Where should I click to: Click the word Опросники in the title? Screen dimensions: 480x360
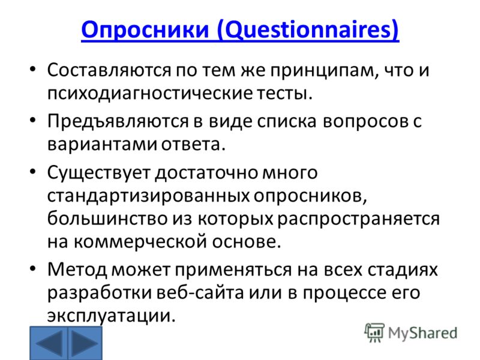tap(145, 29)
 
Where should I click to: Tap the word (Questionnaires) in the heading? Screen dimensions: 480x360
tap(308, 30)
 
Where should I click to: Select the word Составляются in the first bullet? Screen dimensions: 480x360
tap(109, 70)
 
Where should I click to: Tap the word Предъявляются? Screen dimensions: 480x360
tap(118, 121)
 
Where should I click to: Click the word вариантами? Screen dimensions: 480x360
tap(102, 144)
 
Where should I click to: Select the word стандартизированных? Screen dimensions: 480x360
tap(148, 196)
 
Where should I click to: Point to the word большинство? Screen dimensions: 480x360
tap(107, 218)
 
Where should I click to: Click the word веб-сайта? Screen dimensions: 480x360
tap(200, 293)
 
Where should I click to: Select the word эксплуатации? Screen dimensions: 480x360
tap(112, 316)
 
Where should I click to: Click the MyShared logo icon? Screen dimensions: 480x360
tap(374, 332)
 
